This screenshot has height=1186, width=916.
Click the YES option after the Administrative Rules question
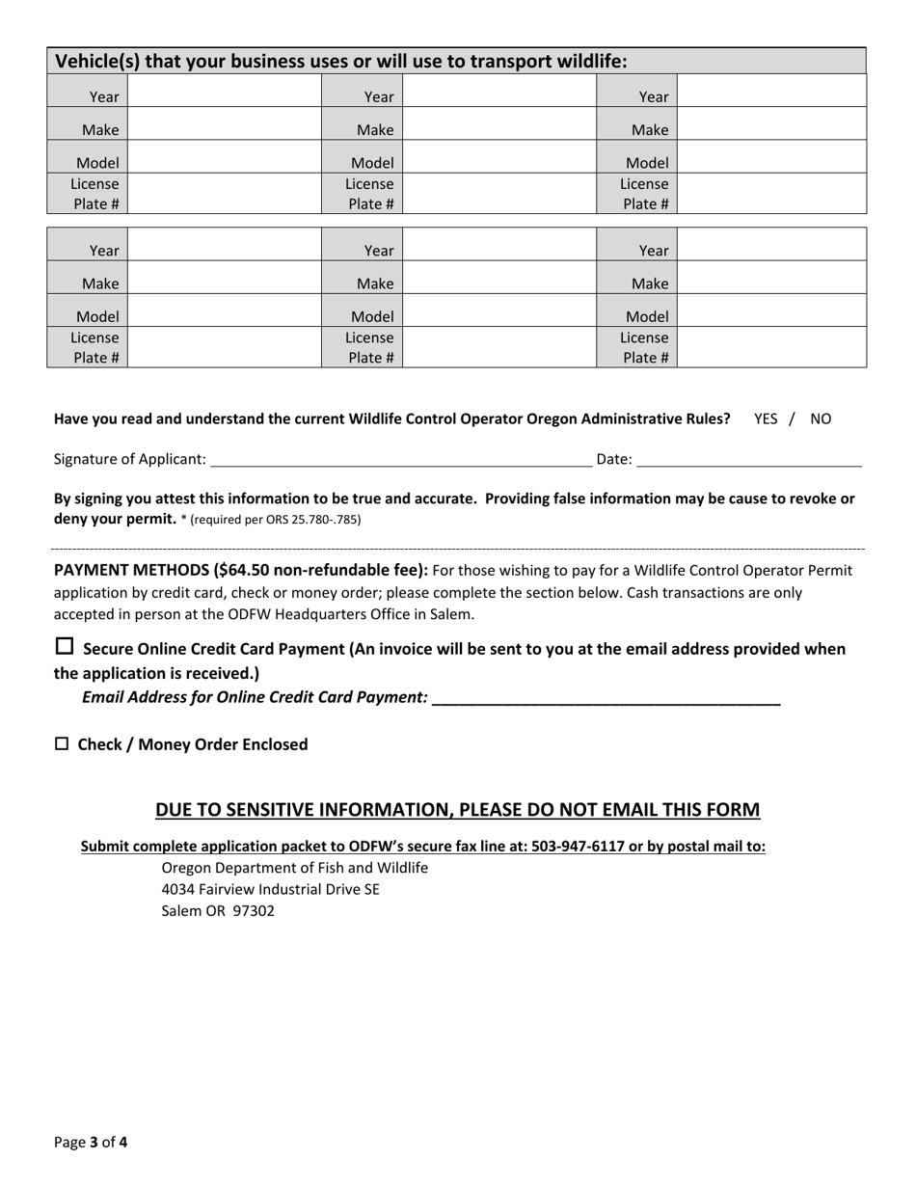point(766,418)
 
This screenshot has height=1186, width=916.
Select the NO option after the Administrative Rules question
point(820,418)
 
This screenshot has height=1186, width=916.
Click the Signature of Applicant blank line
point(400,459)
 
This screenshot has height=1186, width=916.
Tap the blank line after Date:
point(749,459)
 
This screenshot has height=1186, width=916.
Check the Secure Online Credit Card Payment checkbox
point(65,647)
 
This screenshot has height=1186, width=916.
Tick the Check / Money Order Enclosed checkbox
point(62,743)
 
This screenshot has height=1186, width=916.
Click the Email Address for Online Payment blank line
point(606,697)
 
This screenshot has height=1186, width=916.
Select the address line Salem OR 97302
point(218,910)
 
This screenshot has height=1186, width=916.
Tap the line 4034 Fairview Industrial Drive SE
point(271,889)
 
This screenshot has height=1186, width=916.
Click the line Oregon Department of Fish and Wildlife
point(295,868)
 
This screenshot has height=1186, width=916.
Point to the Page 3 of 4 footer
point(91,1143)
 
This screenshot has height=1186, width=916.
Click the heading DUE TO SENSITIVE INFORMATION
point(458,810)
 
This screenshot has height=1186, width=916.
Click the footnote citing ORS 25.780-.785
point(276,520)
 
